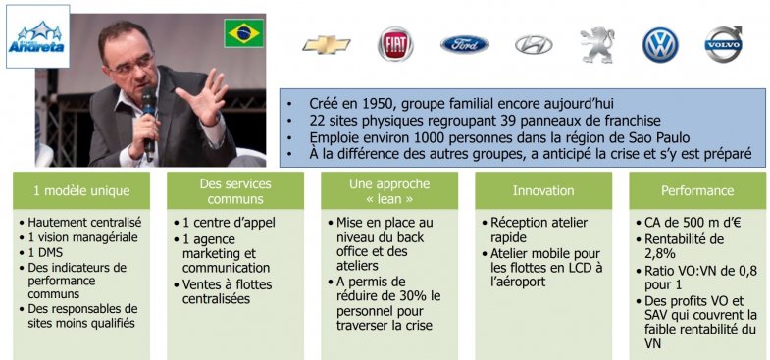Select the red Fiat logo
pos(395,45)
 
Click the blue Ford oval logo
pos(464,45)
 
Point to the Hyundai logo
pos(533,45)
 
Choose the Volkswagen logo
pos(660,45)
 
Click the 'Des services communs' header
pos(234,190)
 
